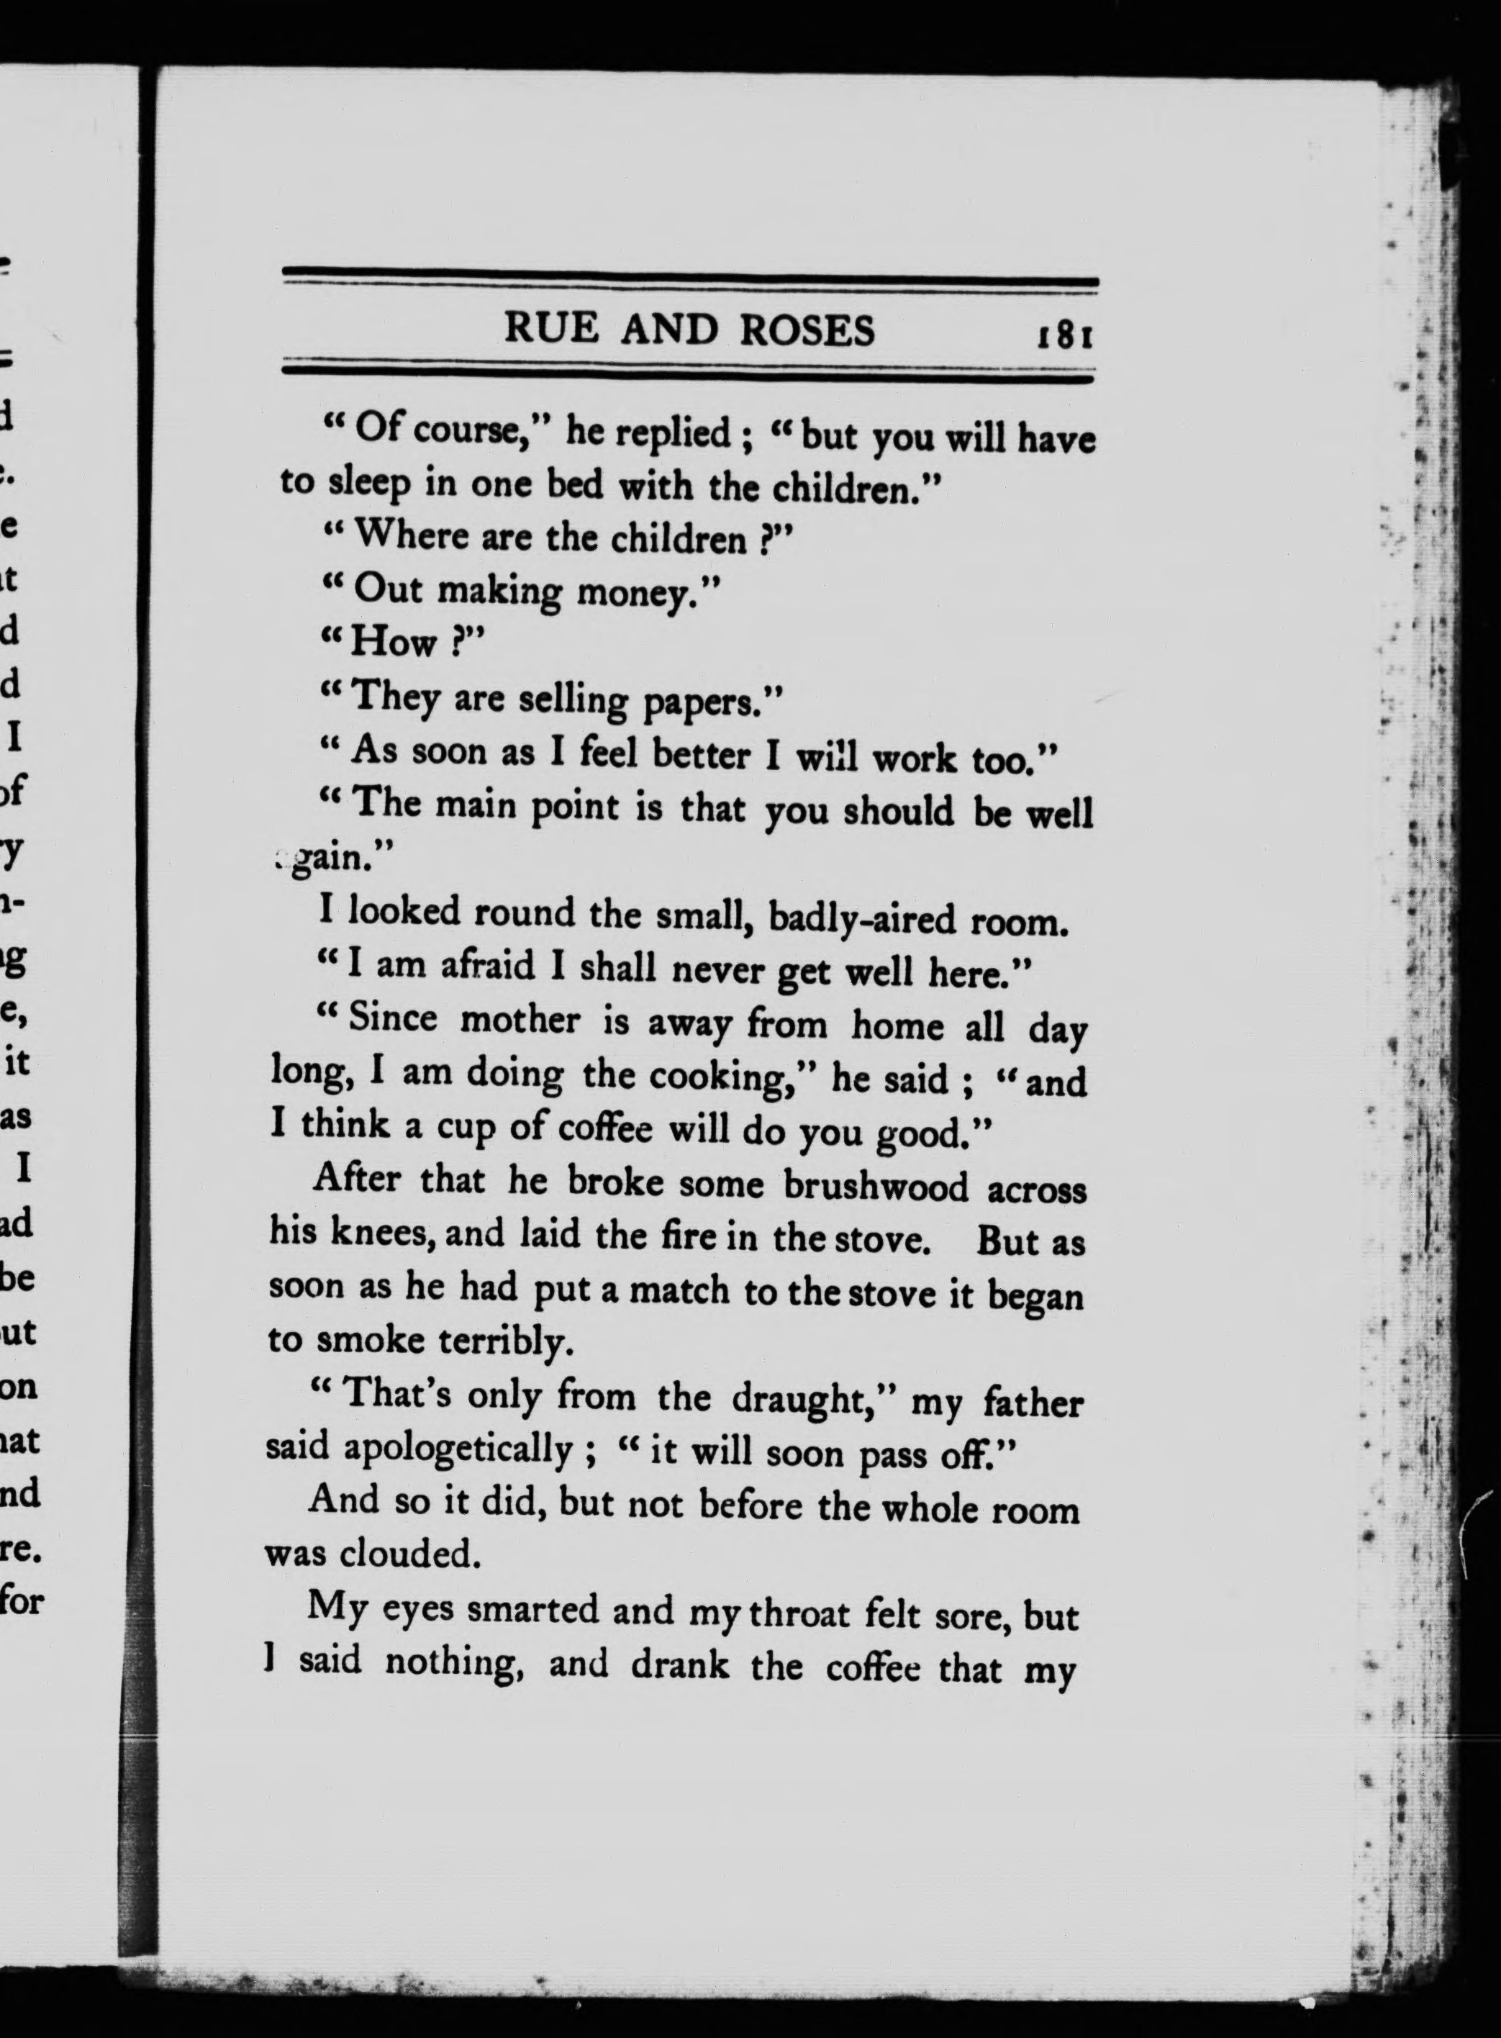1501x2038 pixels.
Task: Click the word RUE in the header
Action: coord(550,329)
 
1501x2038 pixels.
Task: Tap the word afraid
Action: coord(488,966)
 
